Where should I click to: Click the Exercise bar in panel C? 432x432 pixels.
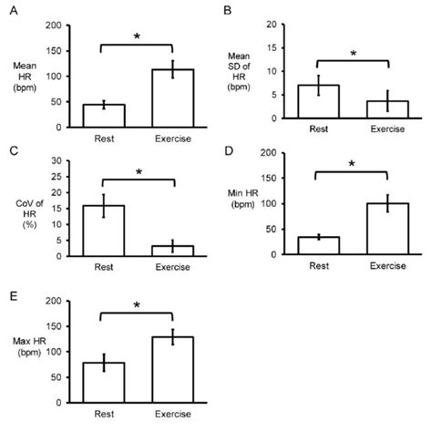172,251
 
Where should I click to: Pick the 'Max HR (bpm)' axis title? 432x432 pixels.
37,347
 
